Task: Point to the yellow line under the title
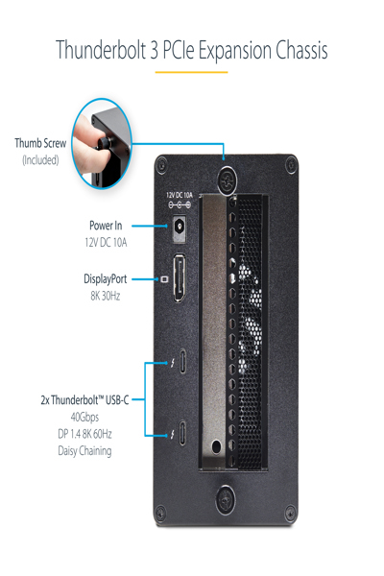(x=192, y=71)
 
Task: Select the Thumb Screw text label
(x=40, y=143)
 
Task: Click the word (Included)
(x=40, y=159)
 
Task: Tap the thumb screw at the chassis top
(x=227, y=178)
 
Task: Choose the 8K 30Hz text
(x=106, y=297)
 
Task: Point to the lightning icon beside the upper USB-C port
(x=170, y=365)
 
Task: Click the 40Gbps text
(x=84, y=418)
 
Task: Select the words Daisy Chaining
(x=84, y=450)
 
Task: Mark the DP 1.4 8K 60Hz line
(x=84, y=434)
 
